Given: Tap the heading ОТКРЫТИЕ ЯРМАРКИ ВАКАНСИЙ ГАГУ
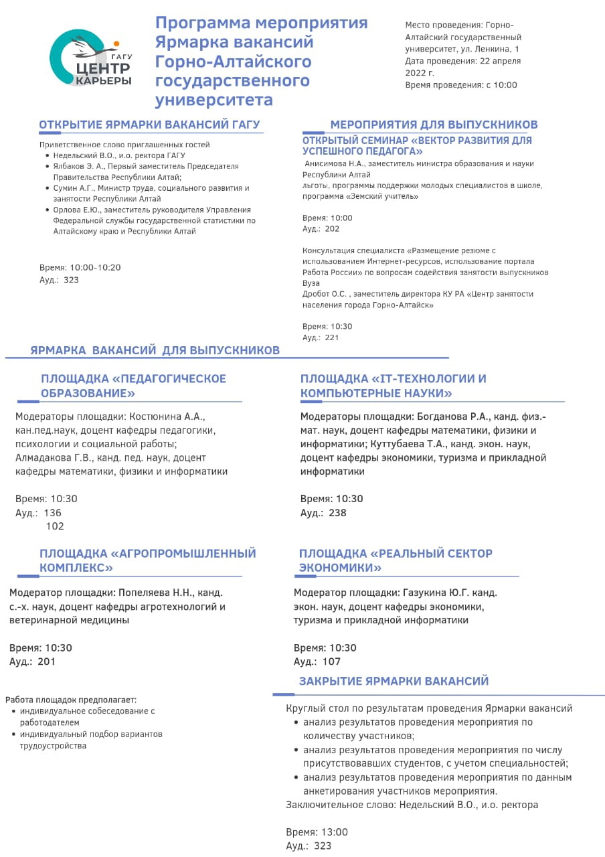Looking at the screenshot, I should pos(149,125).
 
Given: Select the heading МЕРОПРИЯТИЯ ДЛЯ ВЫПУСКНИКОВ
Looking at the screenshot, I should pos(434,125).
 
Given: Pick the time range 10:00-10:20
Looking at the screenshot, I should pos(95,267).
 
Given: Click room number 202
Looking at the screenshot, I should pos(332,229).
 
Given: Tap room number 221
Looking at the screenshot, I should pos(332,337).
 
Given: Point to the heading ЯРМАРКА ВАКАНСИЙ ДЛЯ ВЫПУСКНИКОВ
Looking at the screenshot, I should pos(155,350).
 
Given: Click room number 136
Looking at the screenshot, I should pos(53,513).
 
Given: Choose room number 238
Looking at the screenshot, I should pos(338,513).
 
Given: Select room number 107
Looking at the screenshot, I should pos(331,661).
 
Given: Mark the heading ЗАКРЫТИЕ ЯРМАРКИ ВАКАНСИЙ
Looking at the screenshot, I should pos(394,681).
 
